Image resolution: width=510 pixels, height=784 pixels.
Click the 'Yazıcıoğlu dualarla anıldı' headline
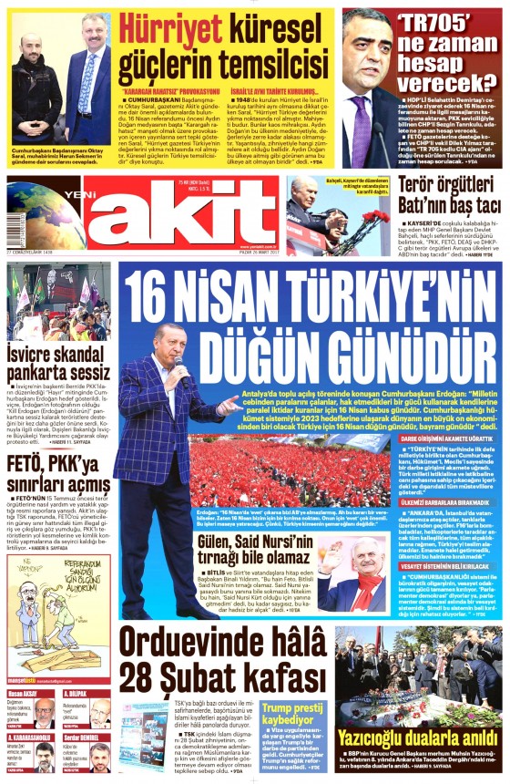(417, 737)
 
